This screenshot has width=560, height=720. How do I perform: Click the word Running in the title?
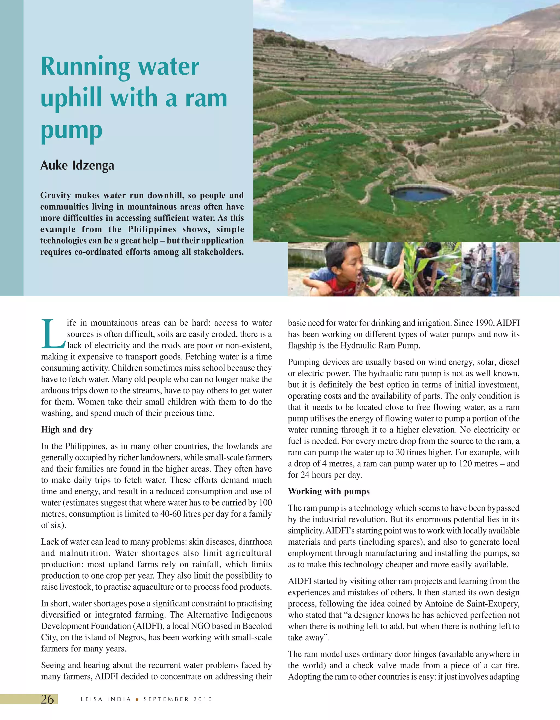pyautogui.click(x=86, y=67)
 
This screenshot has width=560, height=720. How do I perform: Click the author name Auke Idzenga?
pyautogui.click(x=77, y=166)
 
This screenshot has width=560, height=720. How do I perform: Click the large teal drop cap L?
pyautogui.click(x=53, y=334)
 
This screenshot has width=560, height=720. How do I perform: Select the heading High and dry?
pyautogui.click(x=67, y=429)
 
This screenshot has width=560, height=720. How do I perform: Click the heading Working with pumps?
pyautogui.click(x=329, y=491)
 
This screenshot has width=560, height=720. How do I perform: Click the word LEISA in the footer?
pyautogui.click(x=91, y=699)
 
